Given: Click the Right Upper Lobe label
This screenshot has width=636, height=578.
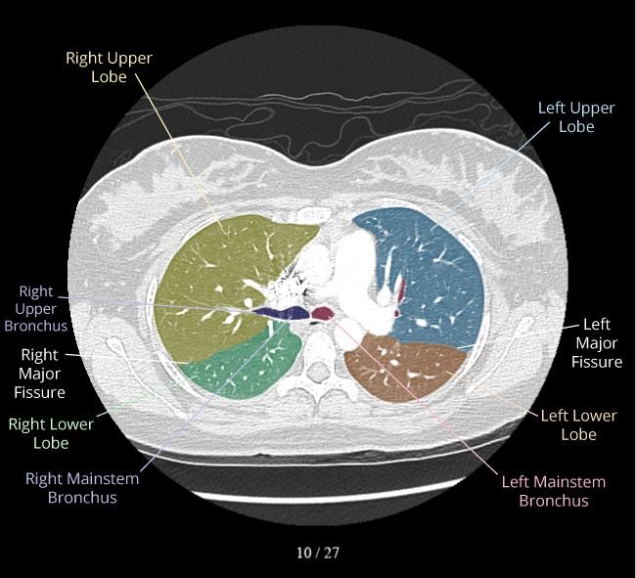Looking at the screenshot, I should pos(109,67).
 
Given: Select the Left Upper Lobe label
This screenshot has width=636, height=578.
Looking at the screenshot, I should pos(576,116).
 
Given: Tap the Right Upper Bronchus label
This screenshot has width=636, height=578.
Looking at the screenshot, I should pos(36,308).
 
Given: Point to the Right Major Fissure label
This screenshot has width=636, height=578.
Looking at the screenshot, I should pos(40,373).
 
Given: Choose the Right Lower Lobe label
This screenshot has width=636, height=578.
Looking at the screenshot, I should pos(51,433).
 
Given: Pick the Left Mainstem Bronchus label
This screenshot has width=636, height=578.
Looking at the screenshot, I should pos(553,491).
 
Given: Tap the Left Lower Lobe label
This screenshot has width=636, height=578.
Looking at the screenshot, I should pos(579,424).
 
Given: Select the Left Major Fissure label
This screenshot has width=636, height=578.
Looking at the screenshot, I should pos(597,342).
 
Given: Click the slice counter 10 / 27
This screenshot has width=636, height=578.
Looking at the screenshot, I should pos(318,553).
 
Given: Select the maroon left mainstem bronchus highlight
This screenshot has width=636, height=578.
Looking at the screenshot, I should pos(324,314).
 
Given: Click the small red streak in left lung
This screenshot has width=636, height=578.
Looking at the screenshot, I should pos(399,289).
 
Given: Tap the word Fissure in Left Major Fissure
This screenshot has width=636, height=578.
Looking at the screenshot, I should pos(597,362).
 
